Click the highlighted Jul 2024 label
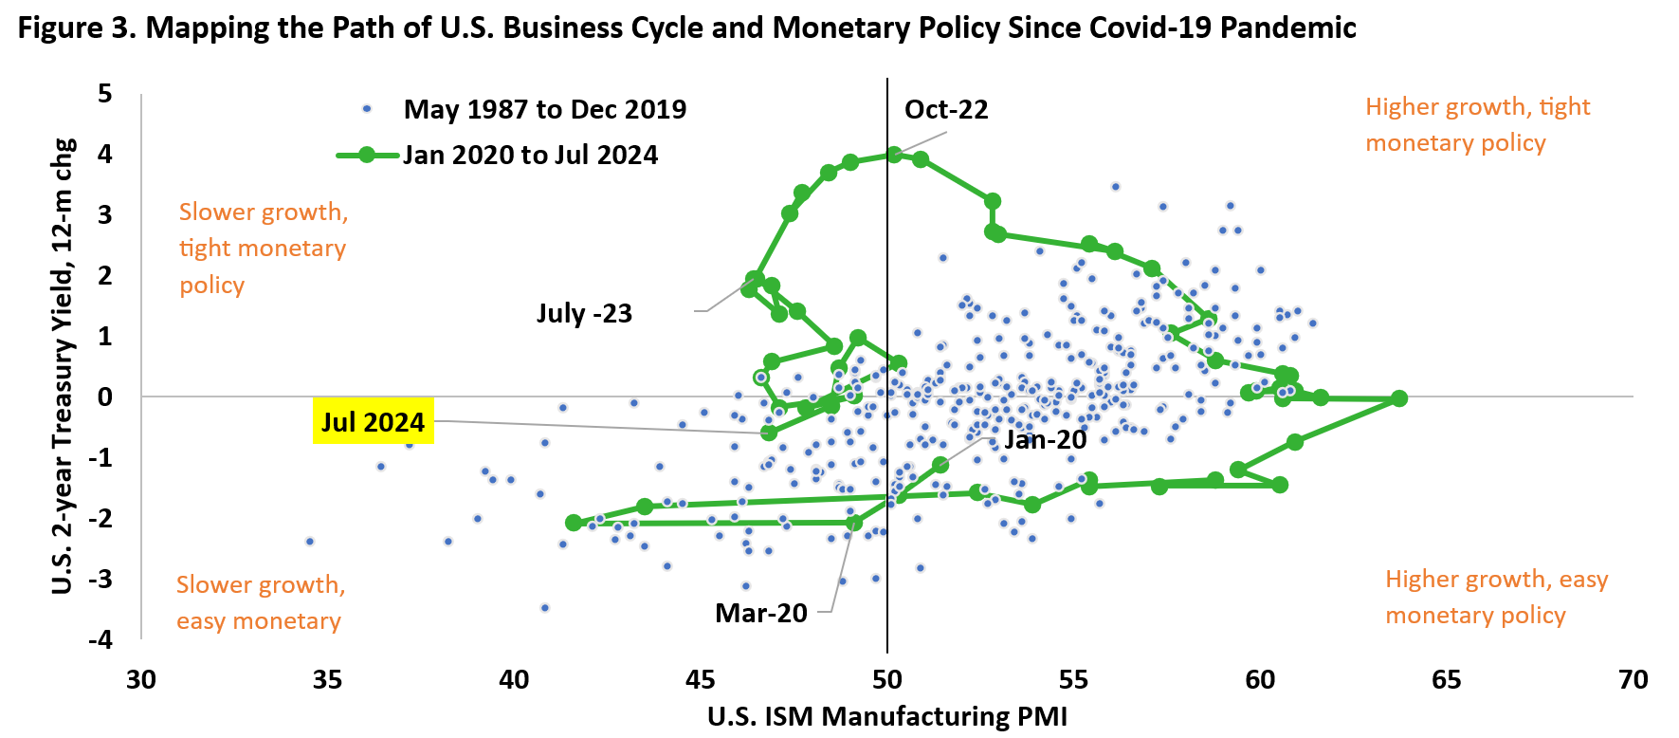point(373,421)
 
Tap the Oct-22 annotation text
point(946,110)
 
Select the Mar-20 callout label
point(761,613)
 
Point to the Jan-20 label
point(1045,439)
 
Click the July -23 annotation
point(584,313)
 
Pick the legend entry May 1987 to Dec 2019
point(544,110)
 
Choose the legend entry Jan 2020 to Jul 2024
point(530,156)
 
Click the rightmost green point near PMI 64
point(1399,398)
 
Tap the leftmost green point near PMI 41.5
point(573,523)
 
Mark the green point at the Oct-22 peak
point(894,154)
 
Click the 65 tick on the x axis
point(1446,680)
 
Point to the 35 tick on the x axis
point(327,680)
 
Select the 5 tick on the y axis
point(105,94)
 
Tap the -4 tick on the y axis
point(101,639)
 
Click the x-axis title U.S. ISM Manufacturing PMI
point(886,716)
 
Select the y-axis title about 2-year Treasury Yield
point(63,366)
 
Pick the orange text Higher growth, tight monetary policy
point(1477,124)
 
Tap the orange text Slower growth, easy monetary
point(260,602)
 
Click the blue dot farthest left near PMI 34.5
point(309,542)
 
